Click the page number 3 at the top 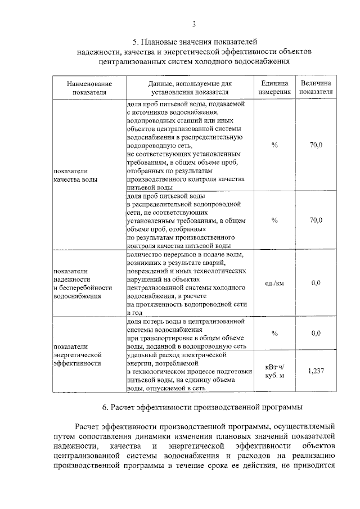click(x=193, y=24)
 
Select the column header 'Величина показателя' click(x=316, y=87)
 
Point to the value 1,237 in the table click(x=316, y=371)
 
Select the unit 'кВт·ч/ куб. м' click(x=274, y=371)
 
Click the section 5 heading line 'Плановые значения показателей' click(x=194, y=42)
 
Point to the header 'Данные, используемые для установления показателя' click(x=186, y=87)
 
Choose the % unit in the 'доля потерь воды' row click(x=274, y=334)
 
